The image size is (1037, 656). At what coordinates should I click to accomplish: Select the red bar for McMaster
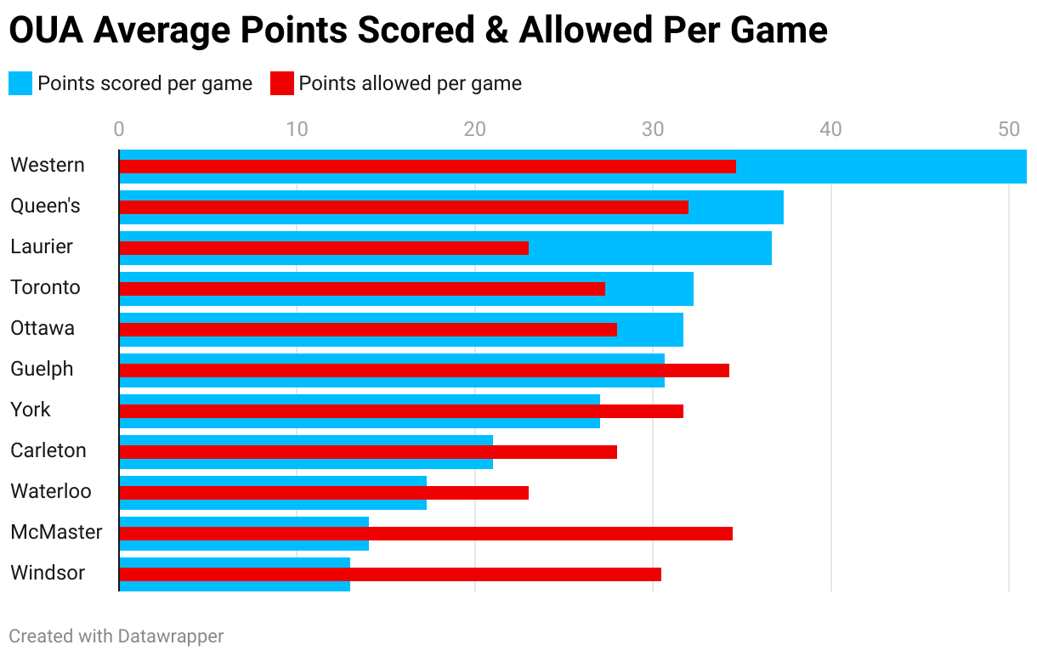(425, 534)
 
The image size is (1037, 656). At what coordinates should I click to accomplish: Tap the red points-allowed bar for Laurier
(323, 248)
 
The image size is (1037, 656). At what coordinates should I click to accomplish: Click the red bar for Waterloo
(323, 493)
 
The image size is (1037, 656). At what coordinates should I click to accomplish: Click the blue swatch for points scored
(20, 83)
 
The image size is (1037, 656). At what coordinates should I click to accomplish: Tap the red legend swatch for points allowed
(281, 83)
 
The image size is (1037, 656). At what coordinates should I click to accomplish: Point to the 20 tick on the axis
(474, 129)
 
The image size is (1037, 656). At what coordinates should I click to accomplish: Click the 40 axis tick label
(830, 129)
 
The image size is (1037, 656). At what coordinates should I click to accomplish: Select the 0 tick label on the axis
(119, 129)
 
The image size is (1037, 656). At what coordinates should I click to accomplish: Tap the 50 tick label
(1008, 129)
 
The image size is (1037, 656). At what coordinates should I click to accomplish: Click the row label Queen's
(45, 206)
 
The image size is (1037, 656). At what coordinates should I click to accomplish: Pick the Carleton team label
(48, 450)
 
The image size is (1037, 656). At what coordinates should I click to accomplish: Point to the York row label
(31, 410)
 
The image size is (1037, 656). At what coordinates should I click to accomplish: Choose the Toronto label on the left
(45, 287)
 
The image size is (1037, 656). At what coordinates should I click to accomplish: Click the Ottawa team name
(42, 328)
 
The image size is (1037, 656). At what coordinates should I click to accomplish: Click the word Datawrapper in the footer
(170, 636)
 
